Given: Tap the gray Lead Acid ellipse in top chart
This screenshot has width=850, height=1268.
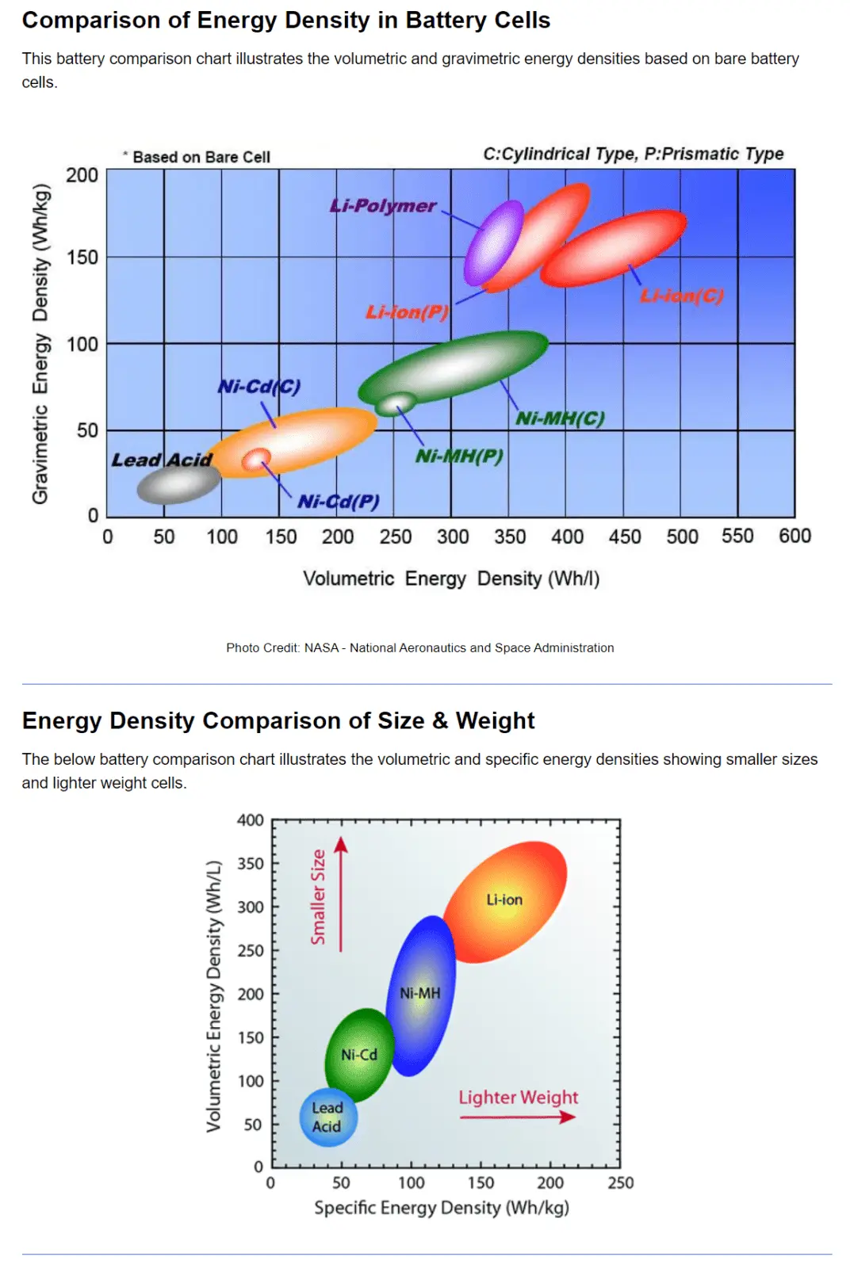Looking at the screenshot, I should pos(178,484).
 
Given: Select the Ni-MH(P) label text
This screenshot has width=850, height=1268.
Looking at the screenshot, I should pos(459,456).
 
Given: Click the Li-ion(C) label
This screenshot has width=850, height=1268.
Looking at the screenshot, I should pos(682,296).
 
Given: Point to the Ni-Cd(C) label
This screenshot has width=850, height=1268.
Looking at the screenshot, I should pos(259,387).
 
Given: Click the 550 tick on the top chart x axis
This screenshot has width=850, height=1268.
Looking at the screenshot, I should pos(737,537).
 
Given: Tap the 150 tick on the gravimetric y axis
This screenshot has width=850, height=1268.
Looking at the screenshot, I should pos(82,258).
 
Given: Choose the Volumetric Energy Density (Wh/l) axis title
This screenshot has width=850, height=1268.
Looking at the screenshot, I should pos(450,579).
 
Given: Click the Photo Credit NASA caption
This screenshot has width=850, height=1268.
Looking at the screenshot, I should pos(419,647).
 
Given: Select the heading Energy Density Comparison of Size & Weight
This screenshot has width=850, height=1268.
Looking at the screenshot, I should pos(278,720).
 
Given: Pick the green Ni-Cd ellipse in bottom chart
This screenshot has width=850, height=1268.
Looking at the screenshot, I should pos(360,1055).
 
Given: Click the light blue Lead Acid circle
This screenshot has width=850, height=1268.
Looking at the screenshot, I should pos(328,1117).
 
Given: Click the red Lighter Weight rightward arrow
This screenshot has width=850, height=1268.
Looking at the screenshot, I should pos(518,1117).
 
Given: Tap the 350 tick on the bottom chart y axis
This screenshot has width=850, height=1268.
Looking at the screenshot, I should pos(250,863).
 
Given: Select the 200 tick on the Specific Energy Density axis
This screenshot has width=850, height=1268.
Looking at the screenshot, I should pos(550,1182).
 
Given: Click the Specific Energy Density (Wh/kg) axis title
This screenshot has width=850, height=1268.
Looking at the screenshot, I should pos(442,1208).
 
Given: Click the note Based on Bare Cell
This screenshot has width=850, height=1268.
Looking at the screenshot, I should pos(201,157).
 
